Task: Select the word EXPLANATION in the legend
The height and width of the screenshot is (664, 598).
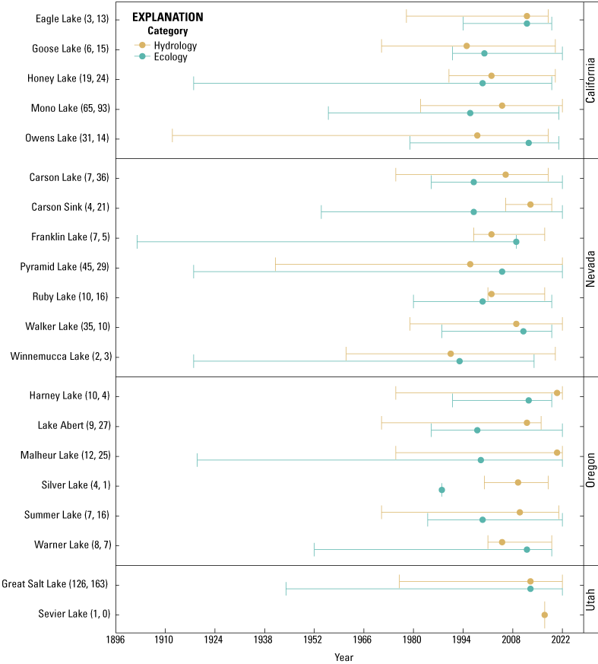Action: pyautogui.click(x=167, y=17)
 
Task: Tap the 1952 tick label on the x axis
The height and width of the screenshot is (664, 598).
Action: pyautogui.click(x=314, y=640)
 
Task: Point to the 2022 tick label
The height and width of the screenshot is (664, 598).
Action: pyautogui.click(x=562, y=640)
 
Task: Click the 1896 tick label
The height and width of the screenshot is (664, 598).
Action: pyautogui.click(x=115, y=640)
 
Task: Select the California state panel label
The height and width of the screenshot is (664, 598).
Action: pyautogui.click(x=590, y=80)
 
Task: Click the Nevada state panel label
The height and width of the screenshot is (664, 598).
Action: pyautogui.click(x=590, y=267)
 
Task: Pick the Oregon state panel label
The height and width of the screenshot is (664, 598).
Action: pyautogui.click(x=590, y=471)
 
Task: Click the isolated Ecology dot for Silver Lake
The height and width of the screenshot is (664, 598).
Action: pyautogui.click(x=441, y=490)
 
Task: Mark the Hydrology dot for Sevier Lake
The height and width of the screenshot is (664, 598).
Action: pyautogui.click(x=544, y=615)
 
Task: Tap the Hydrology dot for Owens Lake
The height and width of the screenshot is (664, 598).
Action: pyautogui.click(x=477, y=135)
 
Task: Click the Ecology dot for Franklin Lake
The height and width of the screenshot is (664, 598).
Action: pyautogui.click(x=516, y=242)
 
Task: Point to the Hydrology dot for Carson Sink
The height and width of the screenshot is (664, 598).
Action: pyautogui.click(x=530, y=204)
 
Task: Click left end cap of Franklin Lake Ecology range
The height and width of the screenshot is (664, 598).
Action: pyautogui.click(x=137, y=242)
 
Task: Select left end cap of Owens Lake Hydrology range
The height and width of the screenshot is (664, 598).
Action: pyautogui.click(x=172, y=135)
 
